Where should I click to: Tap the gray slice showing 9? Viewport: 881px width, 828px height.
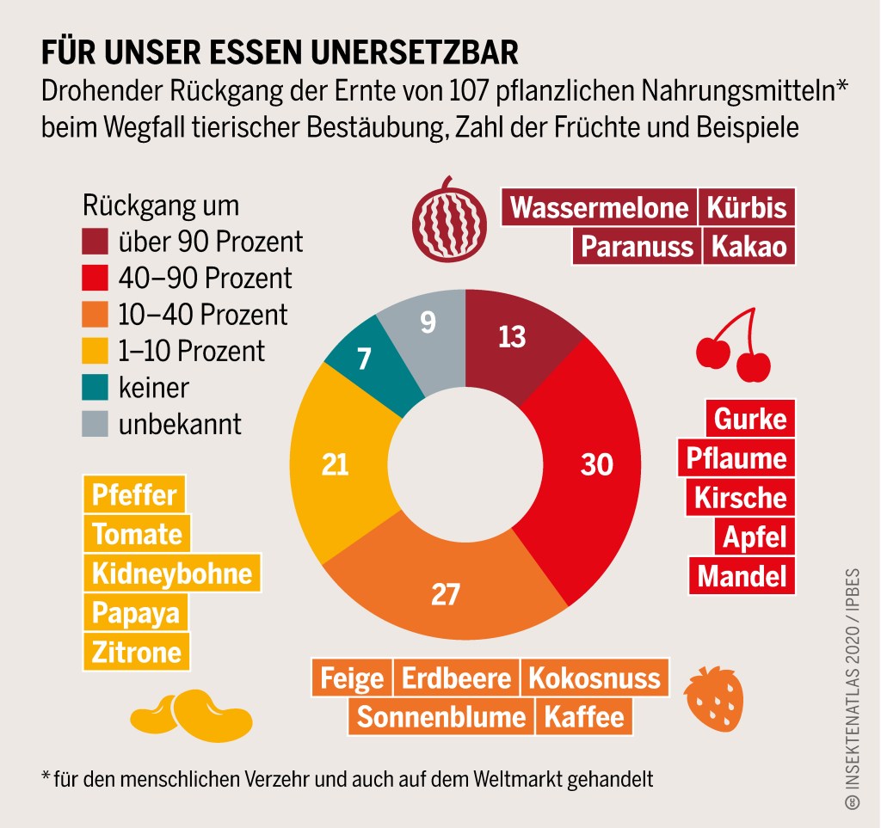point(426,327)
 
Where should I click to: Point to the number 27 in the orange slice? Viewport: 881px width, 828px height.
point(445,594)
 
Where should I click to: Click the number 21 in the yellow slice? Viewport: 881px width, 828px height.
point(335,464)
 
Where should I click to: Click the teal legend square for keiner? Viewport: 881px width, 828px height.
point(95,388)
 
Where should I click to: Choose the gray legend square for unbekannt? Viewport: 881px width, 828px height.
point(95,424)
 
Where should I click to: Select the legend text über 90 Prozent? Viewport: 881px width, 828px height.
point(211,242)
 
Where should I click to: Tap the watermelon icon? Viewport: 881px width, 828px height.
point(448,219)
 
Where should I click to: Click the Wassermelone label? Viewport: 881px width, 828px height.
point(599,208)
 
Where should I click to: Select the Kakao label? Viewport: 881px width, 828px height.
point(748,246)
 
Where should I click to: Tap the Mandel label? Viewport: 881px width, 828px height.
point(742,575)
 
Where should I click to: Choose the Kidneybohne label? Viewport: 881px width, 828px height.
point(172,573)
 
